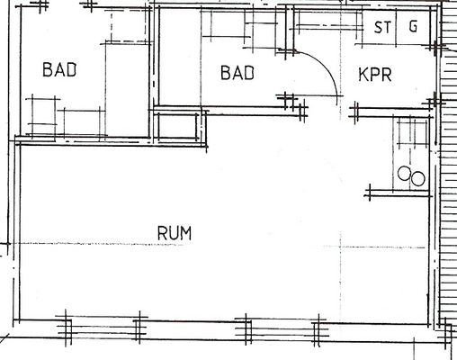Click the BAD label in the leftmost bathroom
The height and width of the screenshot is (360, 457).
pos(59,69)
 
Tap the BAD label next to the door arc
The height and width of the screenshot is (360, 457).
pos(237,73)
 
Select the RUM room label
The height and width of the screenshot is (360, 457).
pos(175,233)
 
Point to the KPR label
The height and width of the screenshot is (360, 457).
pos(375,75)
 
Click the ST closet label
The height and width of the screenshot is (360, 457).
pos(383,27)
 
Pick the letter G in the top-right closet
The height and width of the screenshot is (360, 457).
pos(413,26)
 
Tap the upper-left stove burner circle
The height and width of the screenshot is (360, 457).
pos(404,174)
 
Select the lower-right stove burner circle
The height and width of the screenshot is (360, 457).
pos(418,179)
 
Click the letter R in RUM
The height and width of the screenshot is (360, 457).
pos(163,233)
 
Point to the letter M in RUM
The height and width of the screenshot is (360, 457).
pos(186,233)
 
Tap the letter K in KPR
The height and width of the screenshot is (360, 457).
pos(363,75)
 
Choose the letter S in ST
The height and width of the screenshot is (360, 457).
pos(379,27)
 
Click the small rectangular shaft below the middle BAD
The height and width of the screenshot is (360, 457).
pos(177,126)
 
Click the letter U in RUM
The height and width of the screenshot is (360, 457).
pos(175,233)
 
